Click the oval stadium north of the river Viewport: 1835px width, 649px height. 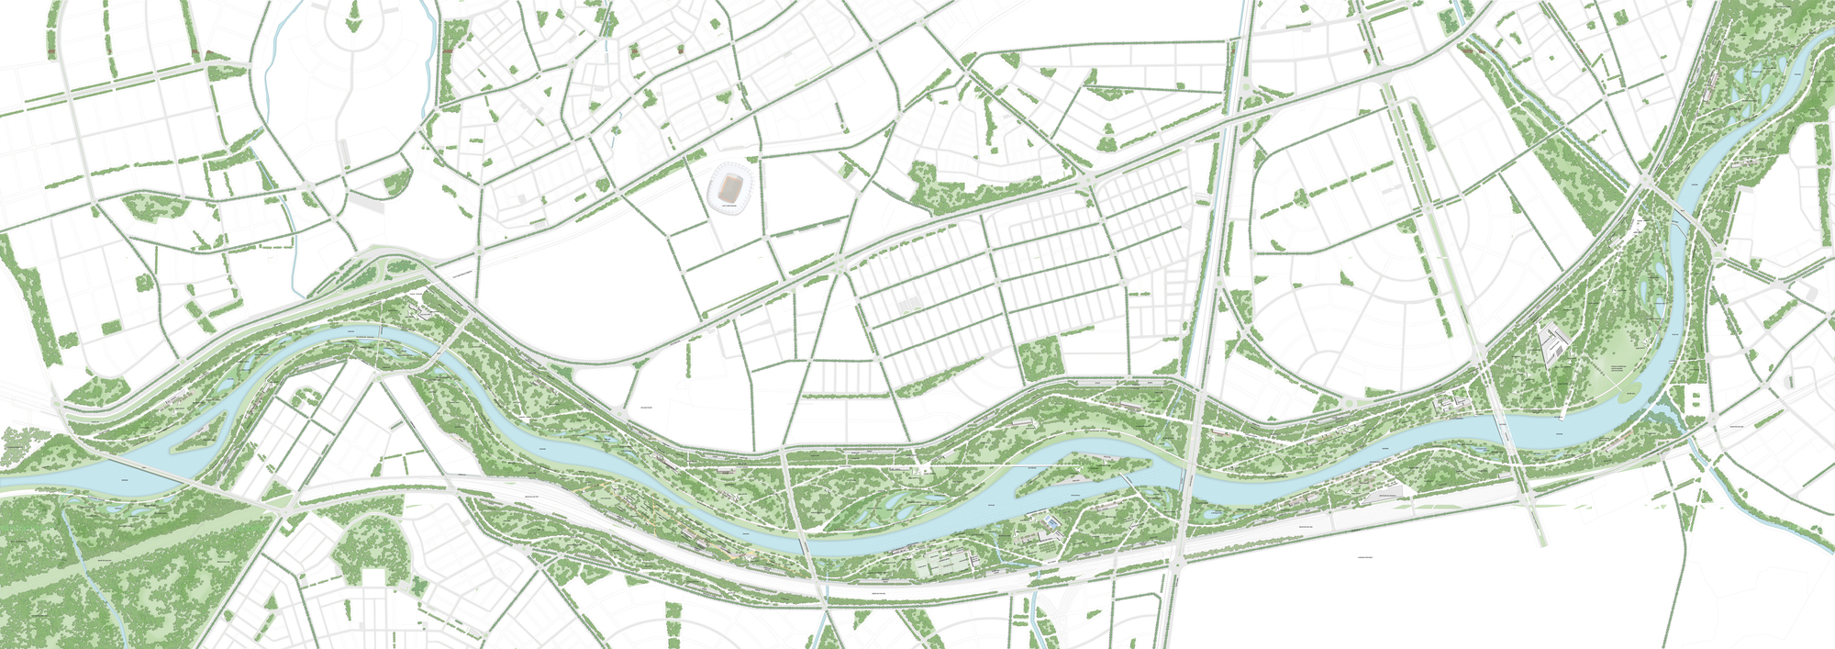coord(729,189)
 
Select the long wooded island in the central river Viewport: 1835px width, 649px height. coord(1092,467)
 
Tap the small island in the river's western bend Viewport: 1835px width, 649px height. coord(196,435)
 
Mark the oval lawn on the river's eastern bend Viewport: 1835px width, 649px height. coord(1629,352)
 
